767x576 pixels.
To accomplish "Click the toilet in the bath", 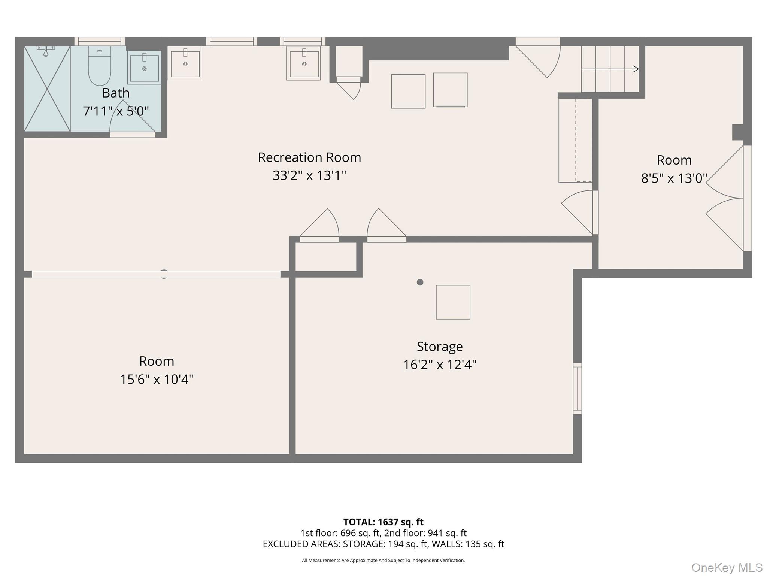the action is (x=100, y=66).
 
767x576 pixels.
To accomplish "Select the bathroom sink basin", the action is (x=144, y=68).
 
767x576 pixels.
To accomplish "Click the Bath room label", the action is (x=116, y=93).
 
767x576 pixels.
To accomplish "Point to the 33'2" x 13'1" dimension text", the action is (x=309, y=175).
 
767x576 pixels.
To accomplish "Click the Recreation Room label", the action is (x=309, y=157).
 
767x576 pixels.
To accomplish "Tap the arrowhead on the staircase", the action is (x=636, y=69).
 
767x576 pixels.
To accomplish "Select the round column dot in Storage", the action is (x=420, y=282).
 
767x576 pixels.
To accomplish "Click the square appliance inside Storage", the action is (x=453, y=302).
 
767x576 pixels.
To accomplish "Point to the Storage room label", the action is (x=440, y=346).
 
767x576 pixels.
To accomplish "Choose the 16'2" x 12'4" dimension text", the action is (x=440, y=364).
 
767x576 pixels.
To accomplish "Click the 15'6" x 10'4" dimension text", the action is (x=157, y=379).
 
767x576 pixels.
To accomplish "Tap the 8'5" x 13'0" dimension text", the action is (x=674, y=178).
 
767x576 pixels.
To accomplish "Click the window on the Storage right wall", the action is (x=577, y=388).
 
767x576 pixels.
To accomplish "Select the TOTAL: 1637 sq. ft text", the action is (x=383, y=522).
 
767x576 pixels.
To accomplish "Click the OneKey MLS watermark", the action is (x=727, y=567).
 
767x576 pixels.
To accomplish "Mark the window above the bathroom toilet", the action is (x=100, y=41).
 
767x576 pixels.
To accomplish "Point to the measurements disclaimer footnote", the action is (x=383, y=560).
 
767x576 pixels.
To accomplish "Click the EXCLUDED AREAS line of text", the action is (x=383, y=544).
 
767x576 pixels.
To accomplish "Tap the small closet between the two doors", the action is (x=326, y=256).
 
